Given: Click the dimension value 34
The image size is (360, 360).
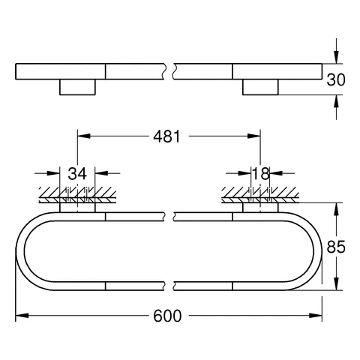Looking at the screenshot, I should (x=77, y=174).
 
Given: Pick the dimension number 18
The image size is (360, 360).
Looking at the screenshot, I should (x=260, y=174).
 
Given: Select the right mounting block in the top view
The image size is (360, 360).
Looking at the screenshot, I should (x=260, y=88).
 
